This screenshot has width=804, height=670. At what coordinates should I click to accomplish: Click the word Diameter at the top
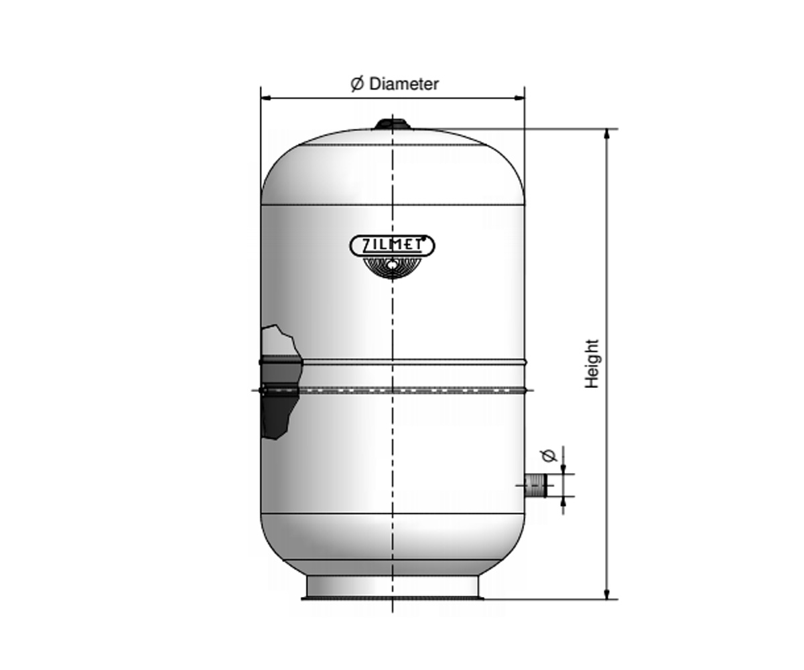coord(403,84)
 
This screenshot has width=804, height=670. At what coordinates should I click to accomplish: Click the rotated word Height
coord(592,364)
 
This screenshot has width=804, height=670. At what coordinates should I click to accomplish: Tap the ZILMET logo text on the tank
coord(392,246)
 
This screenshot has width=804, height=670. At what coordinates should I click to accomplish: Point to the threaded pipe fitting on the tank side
coord(535,486)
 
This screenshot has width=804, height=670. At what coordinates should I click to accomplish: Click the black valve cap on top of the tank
coord(393,124)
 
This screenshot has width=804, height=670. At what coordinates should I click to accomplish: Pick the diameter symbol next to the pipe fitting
coord(549,455)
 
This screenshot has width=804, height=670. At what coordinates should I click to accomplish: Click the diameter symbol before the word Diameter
coord(357,84)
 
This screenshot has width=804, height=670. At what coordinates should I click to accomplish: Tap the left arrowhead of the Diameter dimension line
coord(266,98)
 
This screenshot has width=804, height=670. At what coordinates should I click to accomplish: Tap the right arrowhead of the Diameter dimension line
coord(519,98)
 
